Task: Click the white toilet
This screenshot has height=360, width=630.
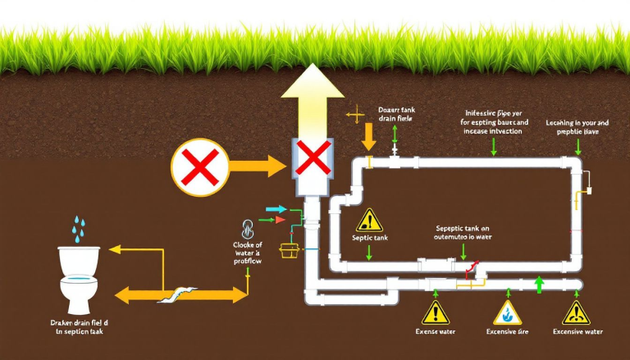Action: pos(79,278)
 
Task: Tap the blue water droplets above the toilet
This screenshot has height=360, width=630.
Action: pos(78,230)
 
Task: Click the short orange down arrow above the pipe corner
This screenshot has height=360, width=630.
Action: pos(368,133)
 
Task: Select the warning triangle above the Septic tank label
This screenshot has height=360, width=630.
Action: pos(370,221)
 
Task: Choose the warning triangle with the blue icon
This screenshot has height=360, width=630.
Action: pos(506,312)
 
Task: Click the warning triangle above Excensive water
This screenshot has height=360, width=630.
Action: pos(576,312)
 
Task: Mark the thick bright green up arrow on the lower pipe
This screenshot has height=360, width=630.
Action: pos(539,285)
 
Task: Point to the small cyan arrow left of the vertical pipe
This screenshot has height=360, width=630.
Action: pos(270,211)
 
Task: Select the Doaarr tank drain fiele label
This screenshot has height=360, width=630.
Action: pos(395,113)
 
